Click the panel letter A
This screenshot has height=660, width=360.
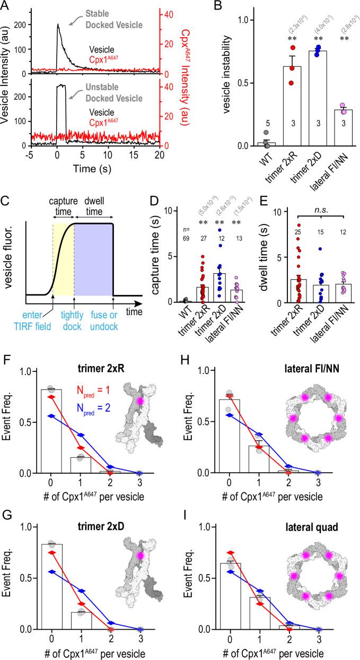coord(6,6)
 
